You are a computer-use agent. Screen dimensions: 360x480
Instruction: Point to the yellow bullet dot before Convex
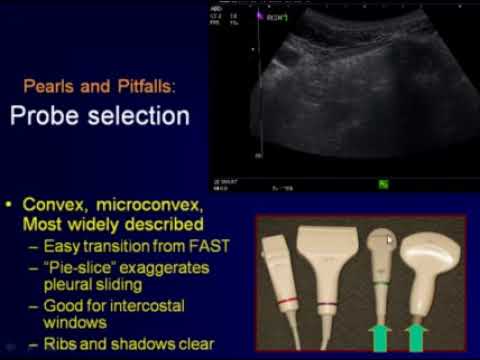pyautogui.click(x=10, y=205)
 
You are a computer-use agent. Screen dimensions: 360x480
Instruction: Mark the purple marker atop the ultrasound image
pyautogui.click(x=261, y=18)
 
